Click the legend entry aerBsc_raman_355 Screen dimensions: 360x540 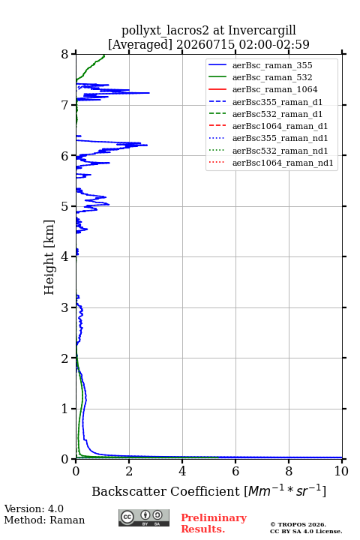coord(272,65)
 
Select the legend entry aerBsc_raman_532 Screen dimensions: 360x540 coord(272,77)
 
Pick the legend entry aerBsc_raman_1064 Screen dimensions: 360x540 coord(275,89)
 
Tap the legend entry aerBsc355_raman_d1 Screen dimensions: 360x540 coord(277,102)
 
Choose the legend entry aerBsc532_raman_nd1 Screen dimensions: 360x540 coord(280,151)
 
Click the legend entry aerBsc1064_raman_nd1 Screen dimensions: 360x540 coord(283,163)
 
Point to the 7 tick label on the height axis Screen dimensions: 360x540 coord(64,105)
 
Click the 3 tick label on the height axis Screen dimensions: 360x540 coord(64,307)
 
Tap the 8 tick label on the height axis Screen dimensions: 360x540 coord(64,55)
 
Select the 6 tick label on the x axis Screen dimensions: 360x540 coord(235,471)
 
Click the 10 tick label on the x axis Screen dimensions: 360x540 coord(341,471)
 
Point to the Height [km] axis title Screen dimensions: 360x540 coord(49,257)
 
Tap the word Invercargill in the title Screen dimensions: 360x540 coord(262,31)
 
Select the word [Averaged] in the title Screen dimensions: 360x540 coord(139,45)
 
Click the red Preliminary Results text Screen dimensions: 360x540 coord(214,523)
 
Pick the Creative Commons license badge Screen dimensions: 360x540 coord(144,518)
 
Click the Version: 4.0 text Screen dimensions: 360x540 coord(34,508)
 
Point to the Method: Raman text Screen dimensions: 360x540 coord(44,520)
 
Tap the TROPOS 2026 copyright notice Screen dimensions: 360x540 coord(298,524)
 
